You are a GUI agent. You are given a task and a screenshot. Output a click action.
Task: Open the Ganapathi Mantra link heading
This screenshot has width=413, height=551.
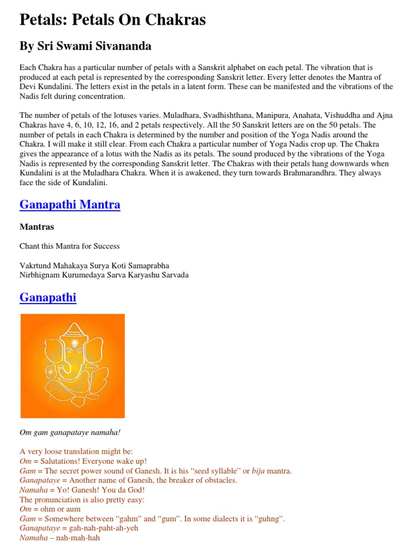pyautogui.click(x=70, y=205)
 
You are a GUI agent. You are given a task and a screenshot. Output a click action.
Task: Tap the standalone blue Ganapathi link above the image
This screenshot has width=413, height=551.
pyautogui.click(x=48, y=298)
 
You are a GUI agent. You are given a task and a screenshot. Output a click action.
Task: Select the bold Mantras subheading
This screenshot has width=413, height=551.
pyautogui.click(x=37, y=227)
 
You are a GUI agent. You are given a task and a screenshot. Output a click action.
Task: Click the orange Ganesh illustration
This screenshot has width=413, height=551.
pyautogui.click(x=73, y=365)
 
